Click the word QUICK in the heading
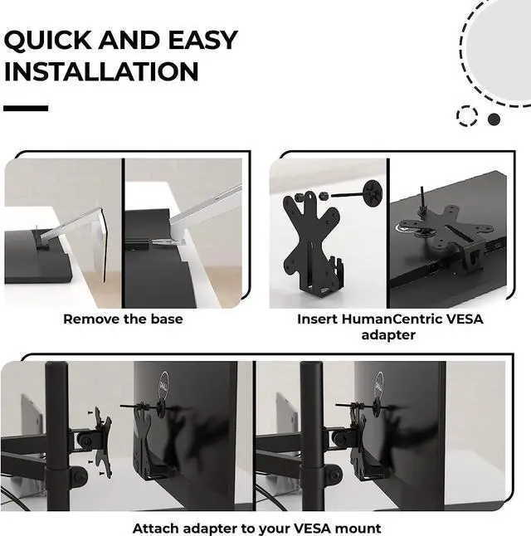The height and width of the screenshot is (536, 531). click(x=47, y=41)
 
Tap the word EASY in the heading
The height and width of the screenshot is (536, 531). click(x=202, y=40)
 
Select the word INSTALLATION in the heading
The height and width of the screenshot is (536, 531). click(x=101, y=71)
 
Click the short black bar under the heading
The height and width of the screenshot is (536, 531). click(x=26, y=109)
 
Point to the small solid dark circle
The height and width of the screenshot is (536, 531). click(x=494, y=119)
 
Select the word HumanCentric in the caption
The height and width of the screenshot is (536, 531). click(x=392, y=319)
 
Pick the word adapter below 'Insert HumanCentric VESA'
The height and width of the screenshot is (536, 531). click(x=388, y=335)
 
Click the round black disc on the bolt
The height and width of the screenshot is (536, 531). click(x=373, y=193)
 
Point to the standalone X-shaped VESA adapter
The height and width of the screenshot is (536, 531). click(x=311, y=243)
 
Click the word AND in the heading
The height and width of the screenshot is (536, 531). click(x=129, y=40)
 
